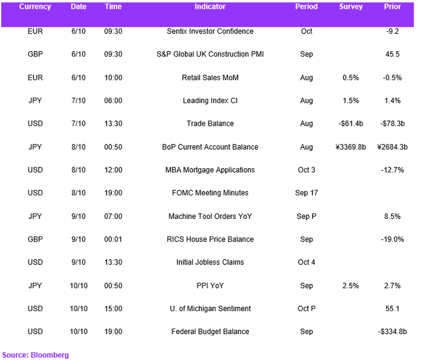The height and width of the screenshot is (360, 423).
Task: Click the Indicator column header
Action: (x=210, y=7)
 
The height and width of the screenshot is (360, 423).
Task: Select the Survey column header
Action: (x=350, y=7)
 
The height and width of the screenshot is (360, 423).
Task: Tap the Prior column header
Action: (x=392, y=7)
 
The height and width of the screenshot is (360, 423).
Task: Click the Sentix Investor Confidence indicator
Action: (x=210, y=31)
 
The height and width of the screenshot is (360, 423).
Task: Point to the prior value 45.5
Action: (x=392, y=54)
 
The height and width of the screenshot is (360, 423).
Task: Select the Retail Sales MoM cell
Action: (x=210, y=77)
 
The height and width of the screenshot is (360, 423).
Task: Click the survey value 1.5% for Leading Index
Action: (x=350, y=101)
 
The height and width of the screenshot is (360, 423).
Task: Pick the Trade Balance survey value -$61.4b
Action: (x=350, y=123)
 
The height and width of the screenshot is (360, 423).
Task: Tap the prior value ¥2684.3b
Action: (x=392, y=147)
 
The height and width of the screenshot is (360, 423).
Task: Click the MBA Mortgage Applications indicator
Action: (x=210, y=170)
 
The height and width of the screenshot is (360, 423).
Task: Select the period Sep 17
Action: (x=307, y=193)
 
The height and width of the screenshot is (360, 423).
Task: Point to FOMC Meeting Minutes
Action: (x=210, y=193)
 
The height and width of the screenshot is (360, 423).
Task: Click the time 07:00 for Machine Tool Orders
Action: (x=113, y=216)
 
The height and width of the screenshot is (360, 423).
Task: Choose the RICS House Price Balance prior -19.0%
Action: (x=392, y=239)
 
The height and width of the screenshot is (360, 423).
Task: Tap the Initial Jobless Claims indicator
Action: (x=210, y=262)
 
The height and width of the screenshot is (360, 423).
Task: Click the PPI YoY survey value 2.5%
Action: (x=350, y=285)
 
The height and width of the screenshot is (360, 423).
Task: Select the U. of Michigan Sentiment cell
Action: (x=210, y=308)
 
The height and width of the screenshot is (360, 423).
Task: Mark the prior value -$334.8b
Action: (x=392, y=331)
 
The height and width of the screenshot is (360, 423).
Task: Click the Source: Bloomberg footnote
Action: (x=35, y=355)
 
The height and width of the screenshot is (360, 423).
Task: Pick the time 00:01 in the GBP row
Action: (x=113, y=239)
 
